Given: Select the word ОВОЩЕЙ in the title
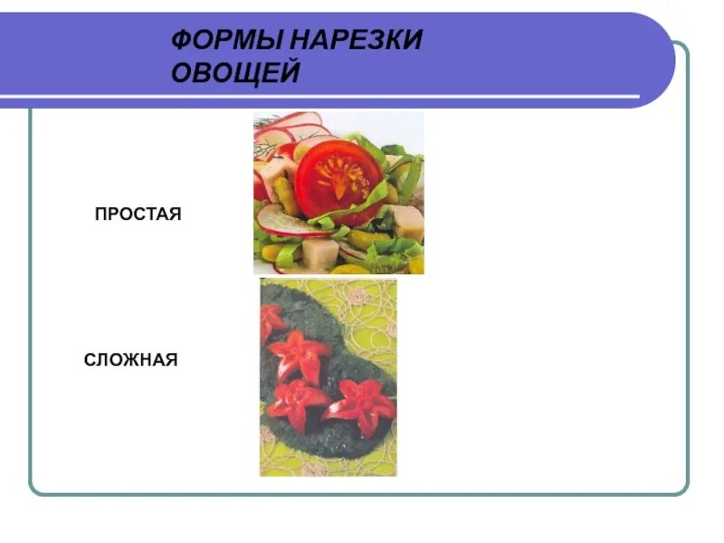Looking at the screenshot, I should (x=235, y=73).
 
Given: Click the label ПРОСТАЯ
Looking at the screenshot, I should (x=138, y=214).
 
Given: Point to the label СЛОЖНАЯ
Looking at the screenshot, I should (x=131, y=360).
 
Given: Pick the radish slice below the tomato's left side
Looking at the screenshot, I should (x=281, y=220).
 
